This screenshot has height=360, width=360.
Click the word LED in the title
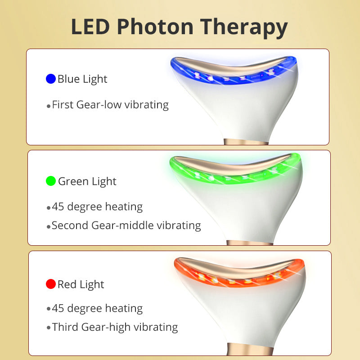pos(90,27)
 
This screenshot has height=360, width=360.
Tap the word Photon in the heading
pos(155,27)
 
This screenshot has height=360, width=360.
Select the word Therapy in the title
pos(244,28)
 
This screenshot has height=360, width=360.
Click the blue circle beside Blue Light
pos(51,79)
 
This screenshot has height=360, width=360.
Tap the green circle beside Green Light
pos(51,181)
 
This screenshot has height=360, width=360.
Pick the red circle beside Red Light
pos(51,284)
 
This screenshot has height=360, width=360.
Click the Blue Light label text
pos(82,79)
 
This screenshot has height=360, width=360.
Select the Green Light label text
pos(87,182)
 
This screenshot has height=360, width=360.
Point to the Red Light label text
pos(81,285)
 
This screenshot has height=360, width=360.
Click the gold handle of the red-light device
pos(250,349)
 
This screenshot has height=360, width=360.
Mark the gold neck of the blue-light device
pos(246,142)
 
